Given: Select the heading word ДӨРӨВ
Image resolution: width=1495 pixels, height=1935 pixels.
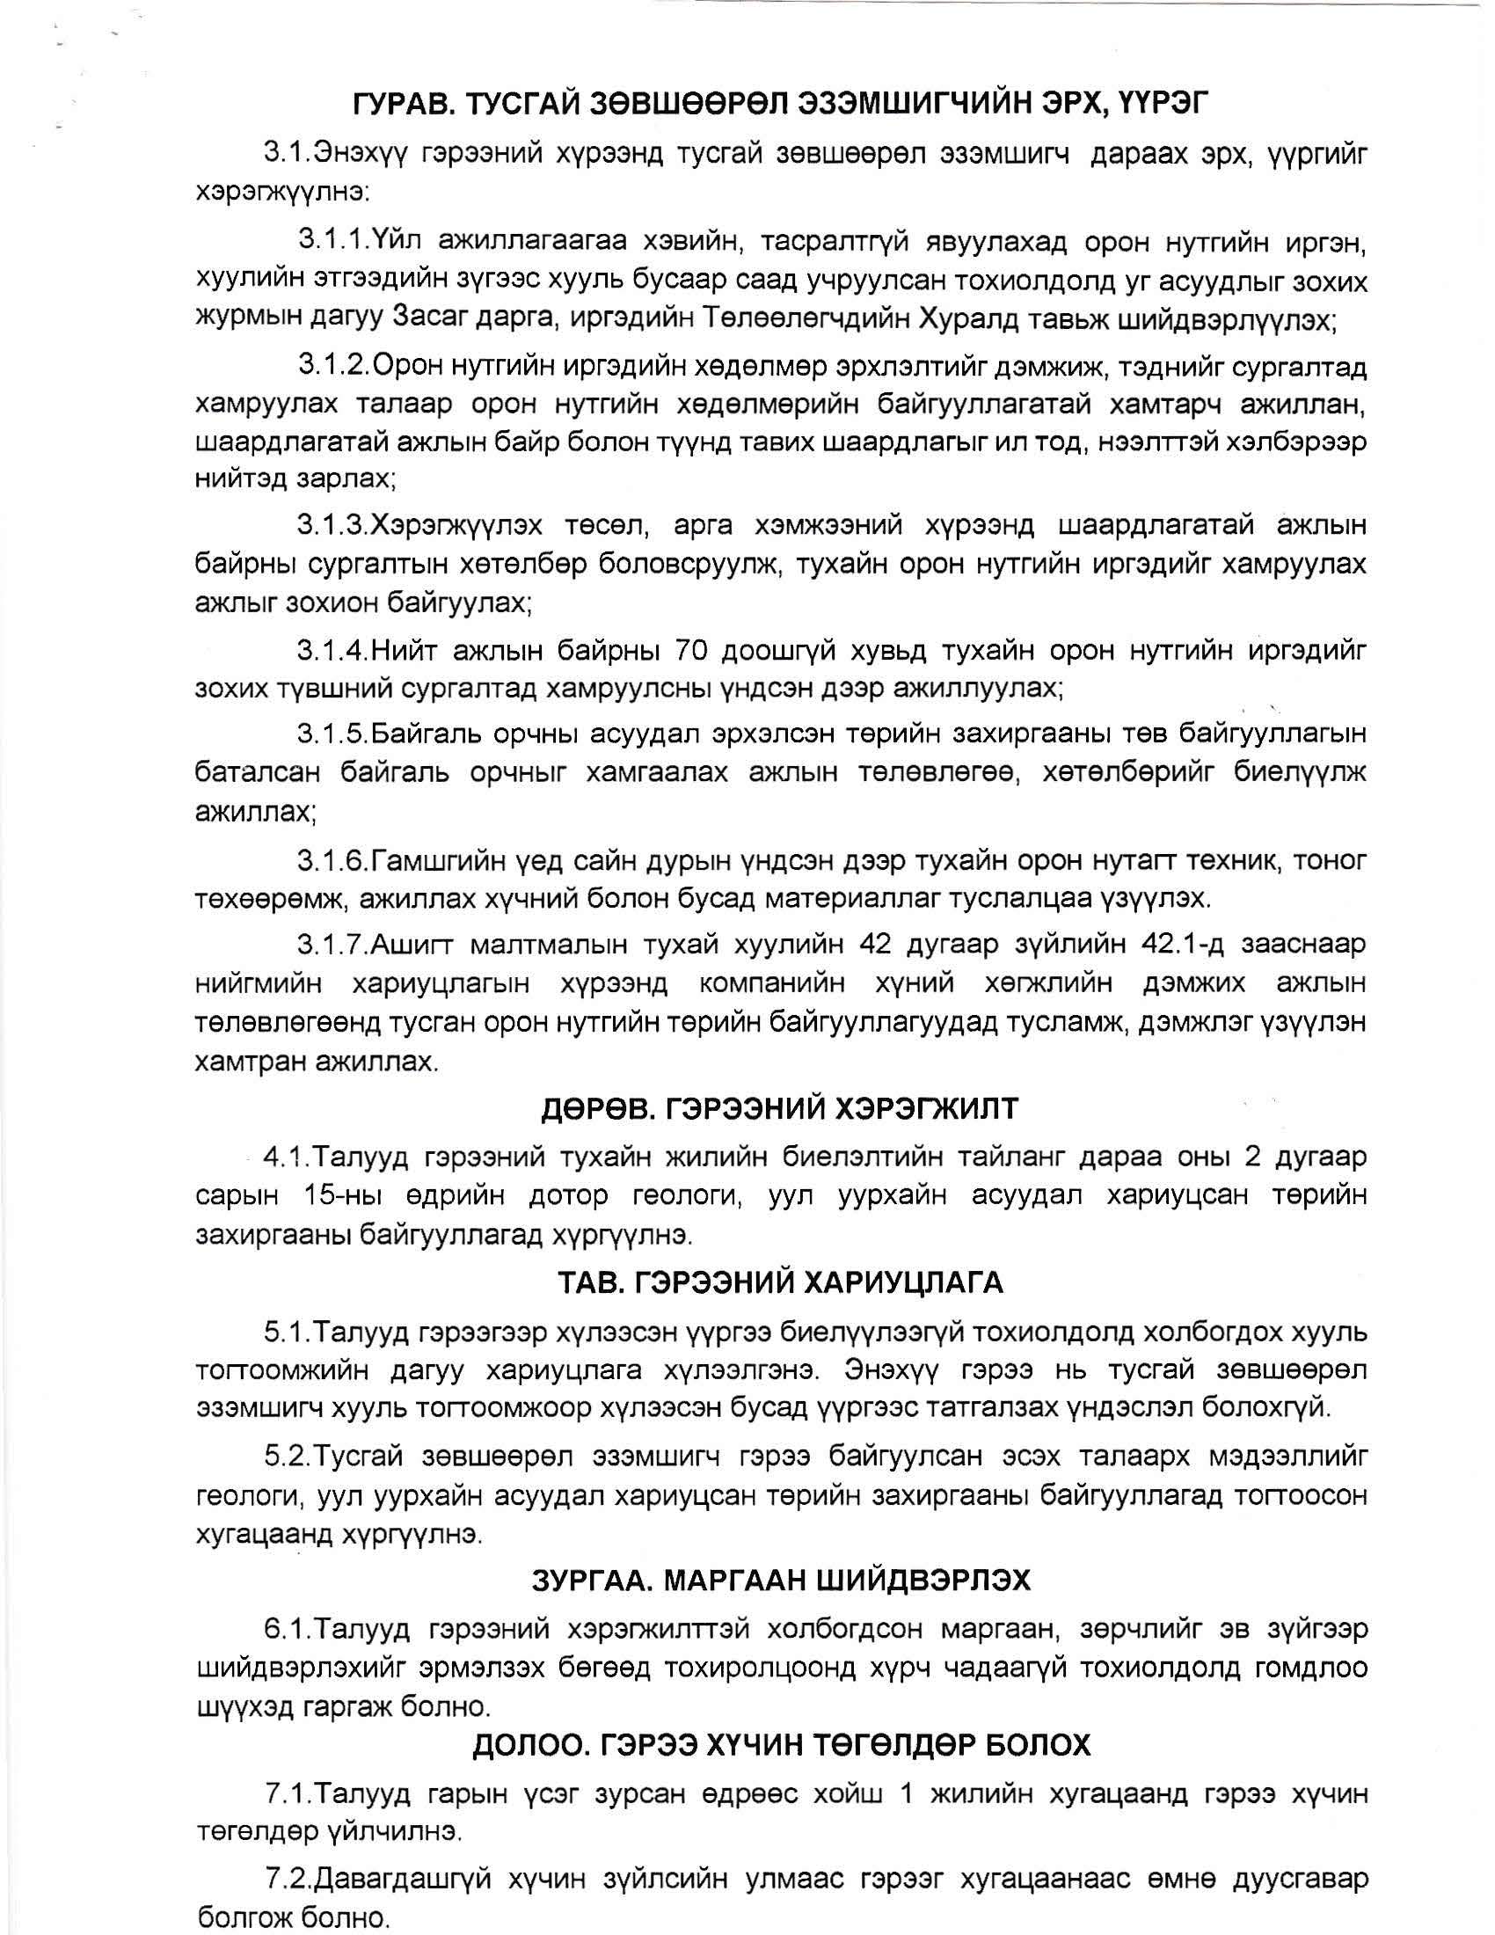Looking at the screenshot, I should click(x=598, y=1107).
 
